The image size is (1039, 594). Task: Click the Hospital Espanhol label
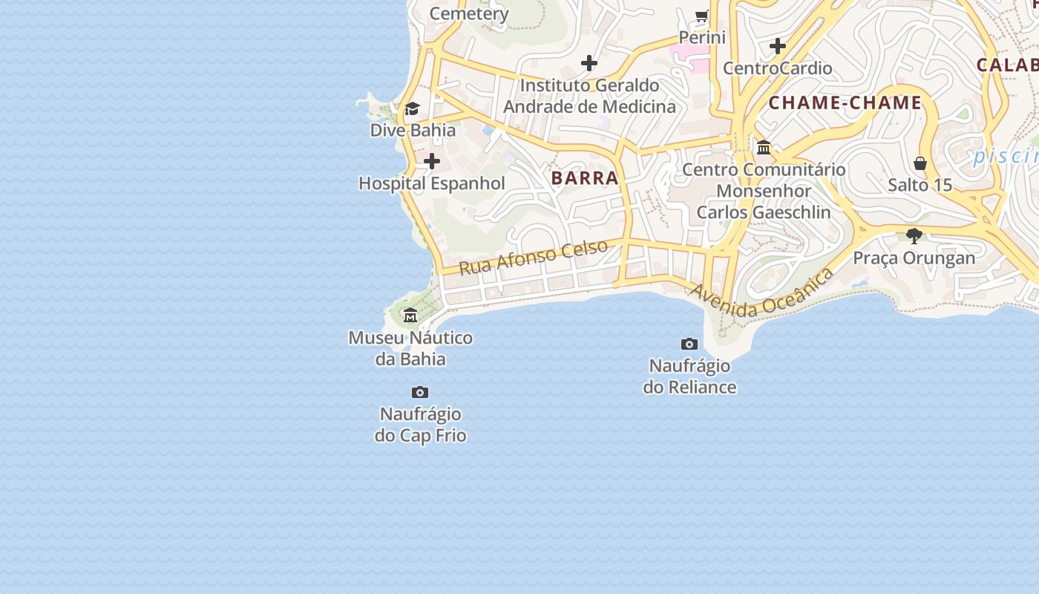(431, 183)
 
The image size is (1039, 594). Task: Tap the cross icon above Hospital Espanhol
(431, 161)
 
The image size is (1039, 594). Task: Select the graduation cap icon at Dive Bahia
(413, 109)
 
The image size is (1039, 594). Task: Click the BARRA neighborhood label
(585, 177)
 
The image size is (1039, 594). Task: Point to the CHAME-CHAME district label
(845, 103)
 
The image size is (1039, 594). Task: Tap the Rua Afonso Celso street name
(534, 257)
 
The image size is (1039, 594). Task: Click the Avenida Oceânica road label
(762, 294)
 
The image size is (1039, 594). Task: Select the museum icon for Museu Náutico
(410, 316)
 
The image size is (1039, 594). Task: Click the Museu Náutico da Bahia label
(410, 349)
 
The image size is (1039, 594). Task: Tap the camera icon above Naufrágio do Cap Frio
(420, 392)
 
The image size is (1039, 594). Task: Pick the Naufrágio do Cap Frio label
(420, 425)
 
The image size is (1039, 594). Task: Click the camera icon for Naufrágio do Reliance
(689, 344)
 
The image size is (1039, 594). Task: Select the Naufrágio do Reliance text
(689, 376)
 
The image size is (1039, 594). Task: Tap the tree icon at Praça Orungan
(914, 236)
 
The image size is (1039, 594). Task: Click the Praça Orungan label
(914, 258)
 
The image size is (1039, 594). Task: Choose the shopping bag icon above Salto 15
(920, 163)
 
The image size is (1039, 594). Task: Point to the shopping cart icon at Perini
(701, 16)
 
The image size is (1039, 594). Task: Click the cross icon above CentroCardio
(778, 46)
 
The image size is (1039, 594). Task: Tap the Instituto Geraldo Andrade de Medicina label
(590, 96)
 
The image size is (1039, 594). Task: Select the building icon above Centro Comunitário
(764, 147)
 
